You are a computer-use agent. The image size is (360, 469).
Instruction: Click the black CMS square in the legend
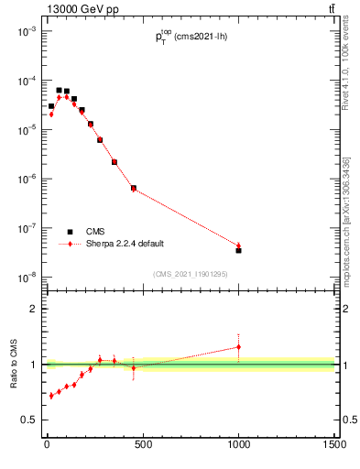pos(70,232)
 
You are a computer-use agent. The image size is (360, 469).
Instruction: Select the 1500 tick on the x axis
pos(334,445)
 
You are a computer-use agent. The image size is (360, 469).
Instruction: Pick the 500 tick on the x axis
pos(142,445)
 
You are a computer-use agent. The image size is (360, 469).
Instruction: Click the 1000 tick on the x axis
pos(238,445)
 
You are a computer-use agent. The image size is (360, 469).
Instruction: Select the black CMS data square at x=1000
pos(238,250)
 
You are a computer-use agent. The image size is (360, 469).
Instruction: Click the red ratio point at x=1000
pos(238,347)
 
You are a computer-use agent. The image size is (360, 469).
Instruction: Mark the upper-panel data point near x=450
pos(134,188)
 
